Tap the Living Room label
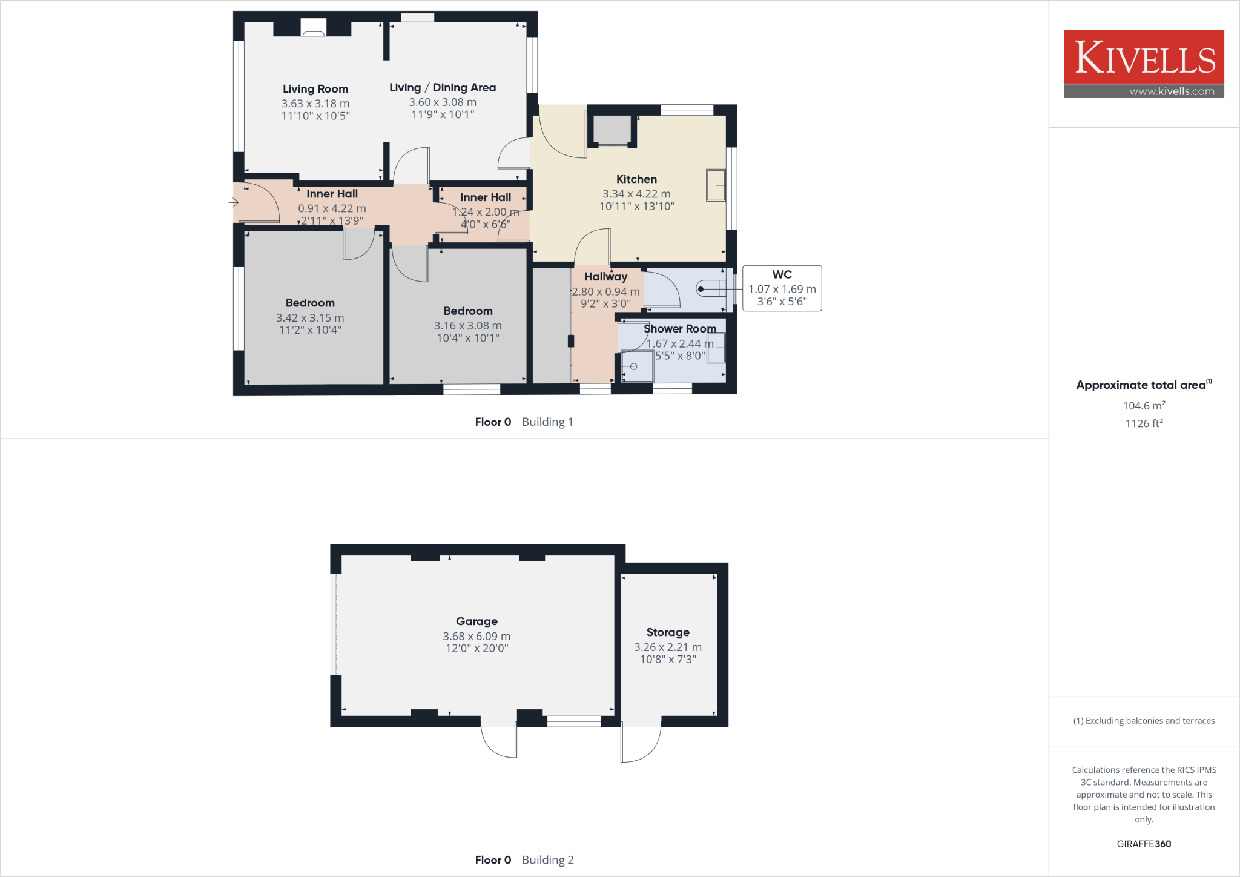pyautogui.click(x=315, y=89)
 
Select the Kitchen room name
pyautogui.click(x=636, y=179)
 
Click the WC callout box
pyautogui.click(x=782, y=288)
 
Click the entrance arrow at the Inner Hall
pyautogui.click(x=233, y=202)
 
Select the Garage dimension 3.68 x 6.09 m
pyautogui.click(x=477, y=636)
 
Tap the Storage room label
pyautogui.click(x=668, y=632)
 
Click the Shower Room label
pyautogui.click(x=679, y=329)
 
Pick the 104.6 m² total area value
pyautogui.click(x=1144, y=406)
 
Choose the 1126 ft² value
pyautogui.click(x=1144, y=423)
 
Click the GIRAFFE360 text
pyautogui.click(x=1144, y=844)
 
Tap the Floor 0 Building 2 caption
pyautogui.click(x=524, y=860)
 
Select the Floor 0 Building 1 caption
pyautogui.click(x=524, y=422)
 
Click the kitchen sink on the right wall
pyautogui.click(x=716, y=185)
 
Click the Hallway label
pyautogui.click(x=605, y=277)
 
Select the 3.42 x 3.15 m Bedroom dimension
pyautogui.click(x=310, y=318)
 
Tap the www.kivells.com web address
pyautogui.click(x=1172, y=91)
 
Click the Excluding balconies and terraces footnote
pyautogui.click(x=1144, y=721)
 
